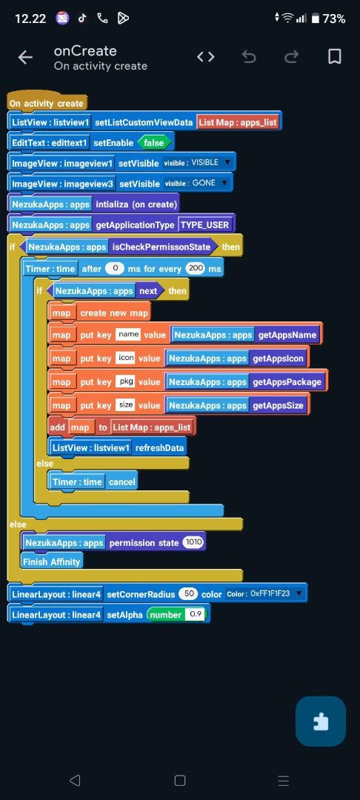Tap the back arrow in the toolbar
25,58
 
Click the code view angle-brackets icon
205,57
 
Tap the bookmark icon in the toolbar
334,57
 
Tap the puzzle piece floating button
321,721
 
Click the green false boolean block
154,143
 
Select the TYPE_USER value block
206,224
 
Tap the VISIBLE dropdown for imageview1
197,163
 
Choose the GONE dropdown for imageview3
196,183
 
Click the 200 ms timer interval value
194,268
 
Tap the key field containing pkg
124,381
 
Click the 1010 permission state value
194,542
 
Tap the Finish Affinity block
52,561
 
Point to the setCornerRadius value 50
187,594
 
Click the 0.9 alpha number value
196,614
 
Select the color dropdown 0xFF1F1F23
264,594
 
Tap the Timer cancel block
93,481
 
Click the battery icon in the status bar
315,19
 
